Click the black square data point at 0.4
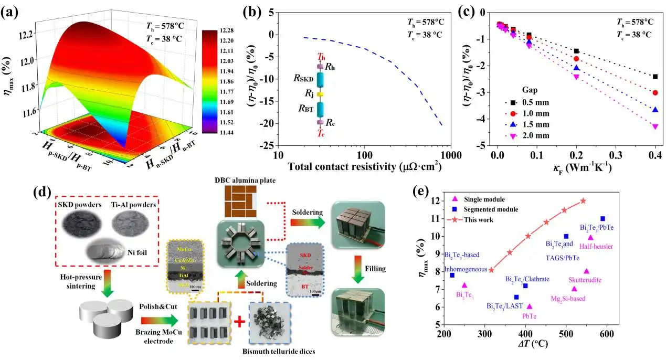pos(655,77)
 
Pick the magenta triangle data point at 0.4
pos(655,126)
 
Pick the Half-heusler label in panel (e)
pos(596,246)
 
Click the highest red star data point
pos(583,201)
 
